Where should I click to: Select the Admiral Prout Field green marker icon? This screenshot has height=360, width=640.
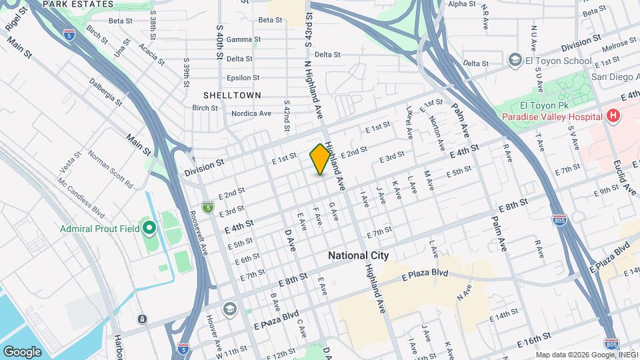tap(149, 229)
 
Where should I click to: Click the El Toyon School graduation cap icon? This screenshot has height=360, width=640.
tap(515, 61)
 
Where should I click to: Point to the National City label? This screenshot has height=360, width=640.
tap(358, 255)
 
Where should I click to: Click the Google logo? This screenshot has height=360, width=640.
tap(22, 351)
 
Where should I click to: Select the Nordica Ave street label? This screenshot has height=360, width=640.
tap(251, 113)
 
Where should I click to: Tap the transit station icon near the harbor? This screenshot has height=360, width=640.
tap(142, 319)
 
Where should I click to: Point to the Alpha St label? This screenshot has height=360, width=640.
tap(461, 4)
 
